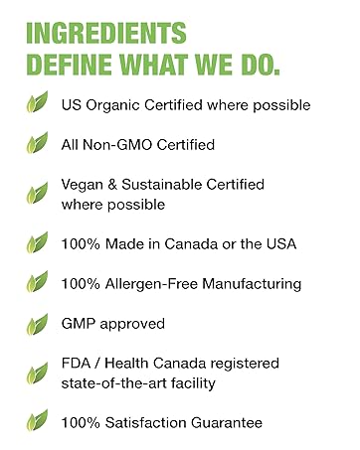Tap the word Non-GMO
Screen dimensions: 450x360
[126, 145]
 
